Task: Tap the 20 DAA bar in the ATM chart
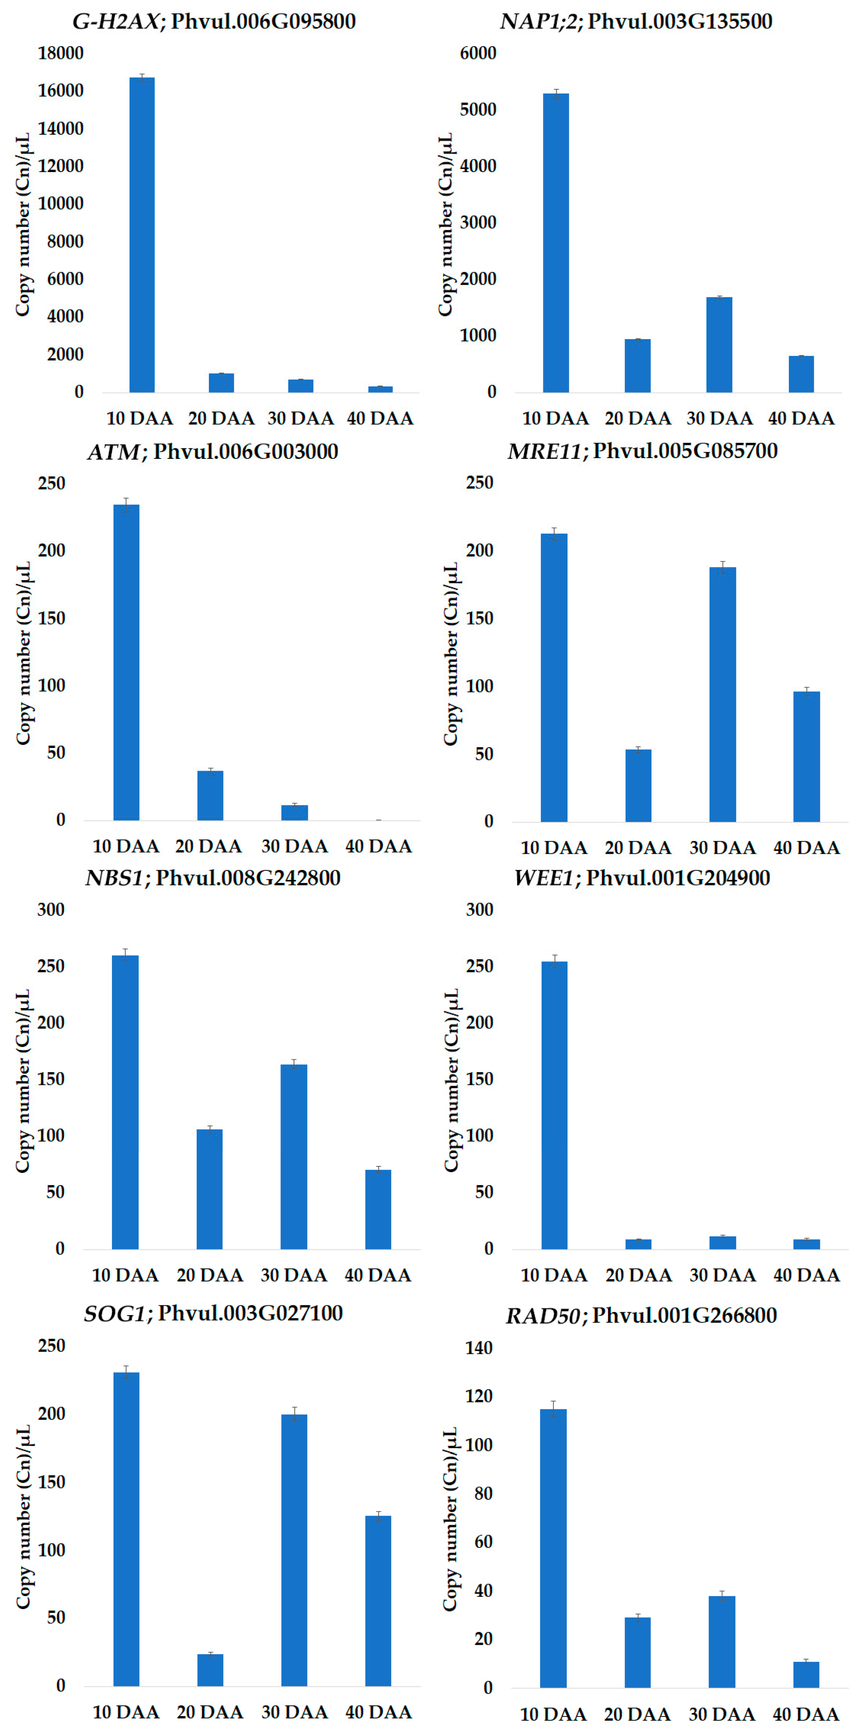point(210,795)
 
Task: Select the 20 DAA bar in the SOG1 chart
point(210,1670)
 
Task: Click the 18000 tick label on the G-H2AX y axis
point(60,53)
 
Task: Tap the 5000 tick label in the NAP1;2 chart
point(478,110)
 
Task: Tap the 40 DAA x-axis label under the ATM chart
point(378,846)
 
